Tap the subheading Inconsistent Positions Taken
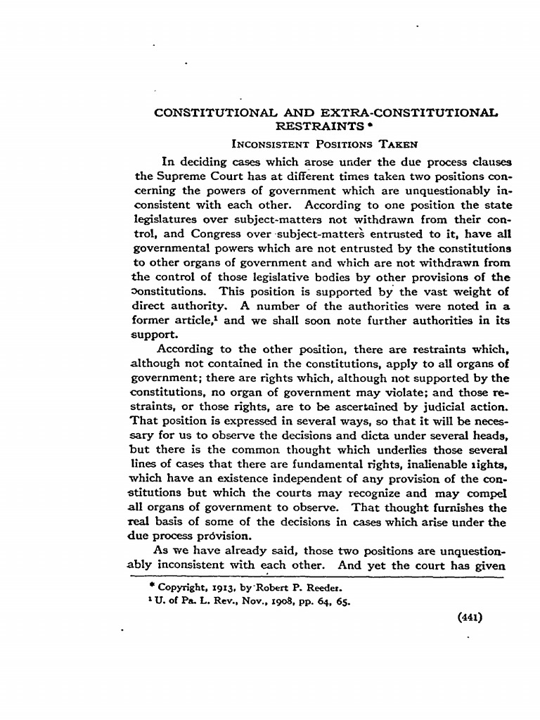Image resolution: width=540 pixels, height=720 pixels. tap(325, 143)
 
